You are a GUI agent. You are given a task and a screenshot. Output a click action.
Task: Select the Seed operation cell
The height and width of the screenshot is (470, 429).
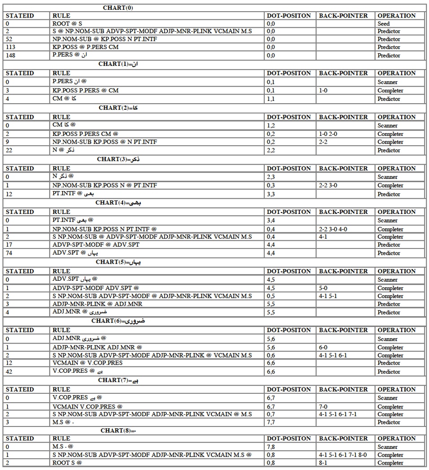coord(384,24)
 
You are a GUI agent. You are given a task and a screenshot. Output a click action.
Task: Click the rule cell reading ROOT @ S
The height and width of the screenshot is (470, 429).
coord(65,24)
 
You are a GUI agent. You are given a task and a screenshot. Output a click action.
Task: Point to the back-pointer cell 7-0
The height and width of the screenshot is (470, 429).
coord(325,407)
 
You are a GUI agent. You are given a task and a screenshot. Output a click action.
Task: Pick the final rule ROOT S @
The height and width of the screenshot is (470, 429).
coord(67,463)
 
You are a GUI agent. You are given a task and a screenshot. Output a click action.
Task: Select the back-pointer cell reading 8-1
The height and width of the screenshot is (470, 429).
coord(325,463)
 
